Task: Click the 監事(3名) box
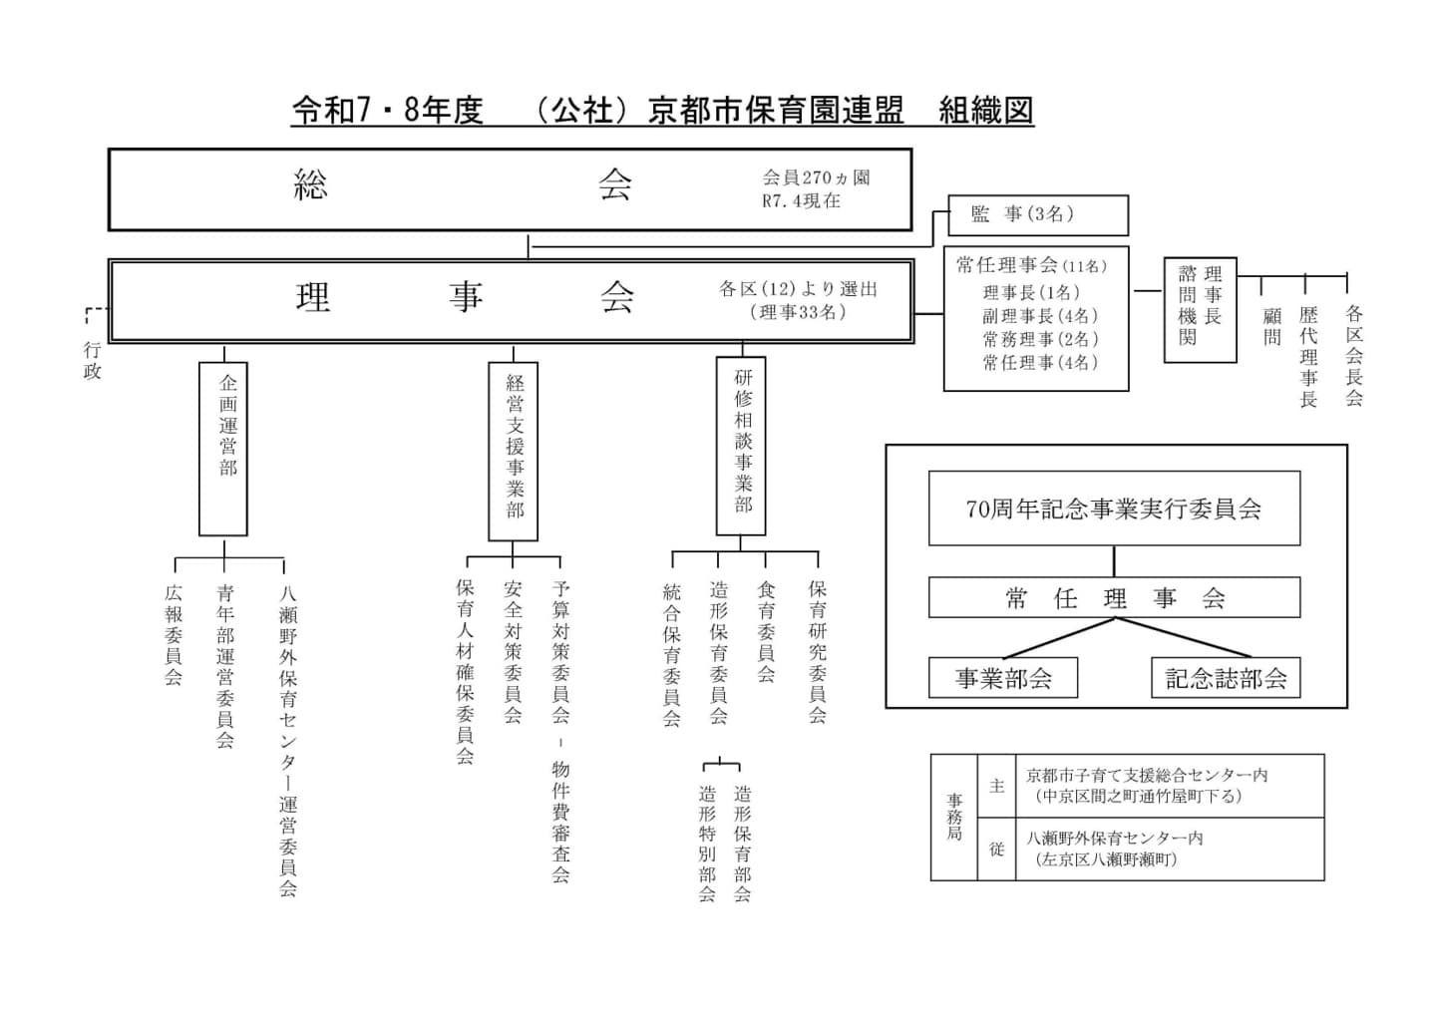1037,215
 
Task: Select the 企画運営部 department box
223,449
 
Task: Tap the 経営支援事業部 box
513,451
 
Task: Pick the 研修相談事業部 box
741,446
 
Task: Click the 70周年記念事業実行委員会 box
1114,509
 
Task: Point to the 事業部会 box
1003,678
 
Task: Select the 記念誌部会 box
1226,678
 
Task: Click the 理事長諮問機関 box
1200,309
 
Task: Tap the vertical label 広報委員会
174,635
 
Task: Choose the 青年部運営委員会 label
225,665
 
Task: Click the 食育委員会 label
766,632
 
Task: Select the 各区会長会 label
1353,356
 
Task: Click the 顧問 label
1271,326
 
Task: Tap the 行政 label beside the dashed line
92,361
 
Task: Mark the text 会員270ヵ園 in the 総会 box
816,178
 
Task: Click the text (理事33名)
798,312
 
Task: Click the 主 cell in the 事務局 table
996,786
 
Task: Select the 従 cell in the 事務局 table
996,849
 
